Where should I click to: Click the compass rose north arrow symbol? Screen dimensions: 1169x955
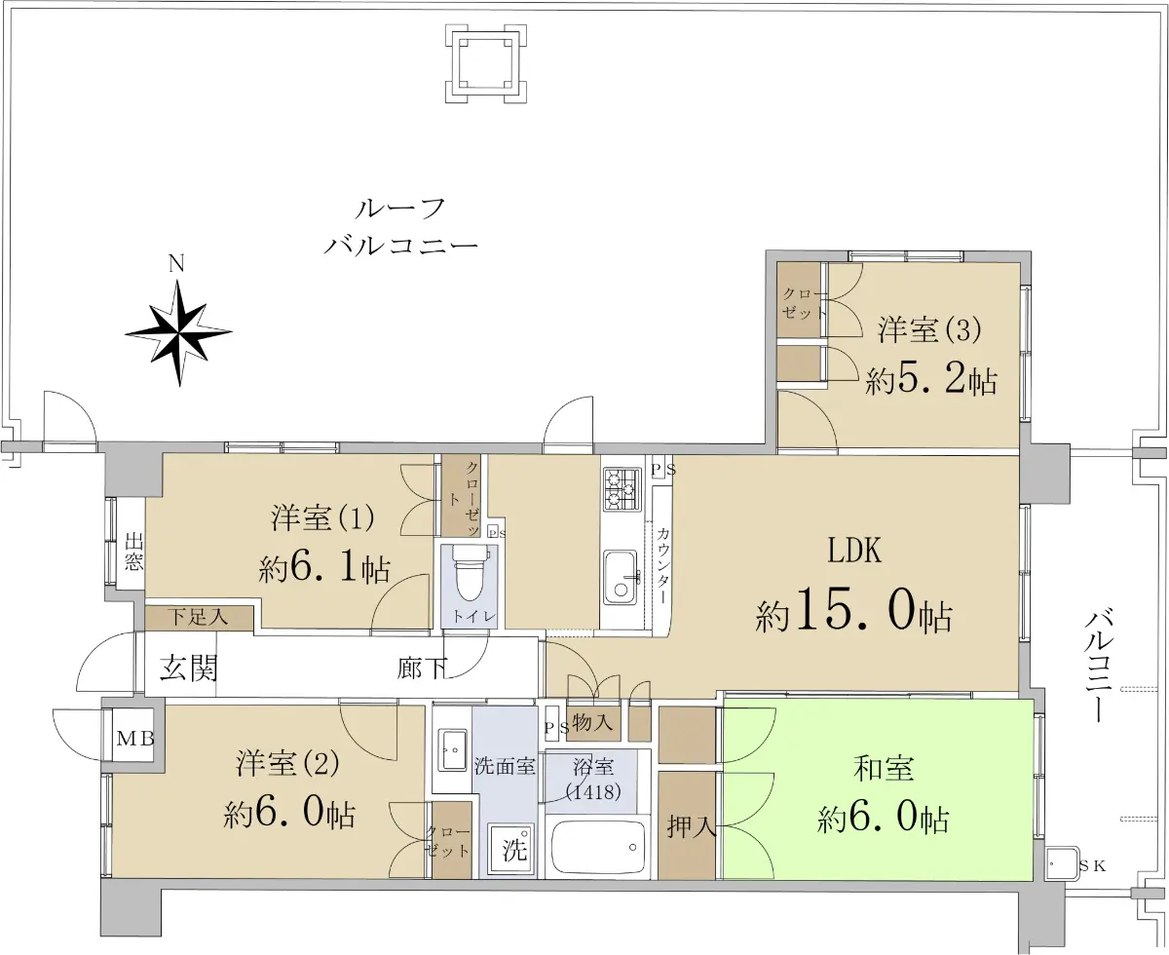point(178,332)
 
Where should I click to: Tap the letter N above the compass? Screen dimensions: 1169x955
point(176,263)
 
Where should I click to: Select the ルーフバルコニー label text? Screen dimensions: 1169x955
point(400,226)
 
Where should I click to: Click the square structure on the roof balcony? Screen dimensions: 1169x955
point(485,63)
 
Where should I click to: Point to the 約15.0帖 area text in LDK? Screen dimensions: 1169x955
point(853,615)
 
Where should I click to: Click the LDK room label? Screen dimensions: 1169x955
point(854,551)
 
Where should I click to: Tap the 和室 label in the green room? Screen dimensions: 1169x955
point(884,769)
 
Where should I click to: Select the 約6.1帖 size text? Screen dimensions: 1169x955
point(324,567)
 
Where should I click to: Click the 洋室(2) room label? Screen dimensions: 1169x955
point(287,763)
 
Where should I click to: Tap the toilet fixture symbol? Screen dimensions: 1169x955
point(469,572)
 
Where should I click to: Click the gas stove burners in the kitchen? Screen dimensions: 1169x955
point(622,488)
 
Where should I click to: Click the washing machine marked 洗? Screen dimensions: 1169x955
point(511,849)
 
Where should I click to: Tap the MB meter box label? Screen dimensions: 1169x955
point(135,738)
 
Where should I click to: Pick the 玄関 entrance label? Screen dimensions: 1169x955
point(188,668)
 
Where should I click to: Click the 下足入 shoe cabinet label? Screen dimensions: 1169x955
point(199,616)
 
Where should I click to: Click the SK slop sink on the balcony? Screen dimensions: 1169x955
point(1063,863)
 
